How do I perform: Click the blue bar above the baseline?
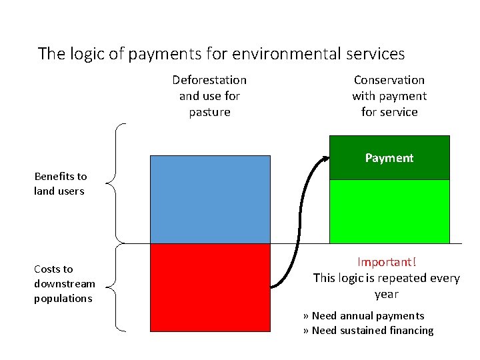[210, 199]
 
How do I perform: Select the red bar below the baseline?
[210, 287]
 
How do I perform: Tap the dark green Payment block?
[389, 158]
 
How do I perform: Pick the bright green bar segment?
[389, 211]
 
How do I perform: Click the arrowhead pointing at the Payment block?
[325, 159]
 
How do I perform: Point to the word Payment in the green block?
[389, 158]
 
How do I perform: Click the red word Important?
[386, 262]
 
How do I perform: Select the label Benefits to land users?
[61, 184]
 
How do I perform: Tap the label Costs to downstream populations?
[64, 283]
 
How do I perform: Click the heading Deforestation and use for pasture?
[209, 96]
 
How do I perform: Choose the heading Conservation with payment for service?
[389, 96]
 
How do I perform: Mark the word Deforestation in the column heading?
[209, 80]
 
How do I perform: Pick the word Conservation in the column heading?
[389, 80]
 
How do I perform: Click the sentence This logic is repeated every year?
[386, 285]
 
